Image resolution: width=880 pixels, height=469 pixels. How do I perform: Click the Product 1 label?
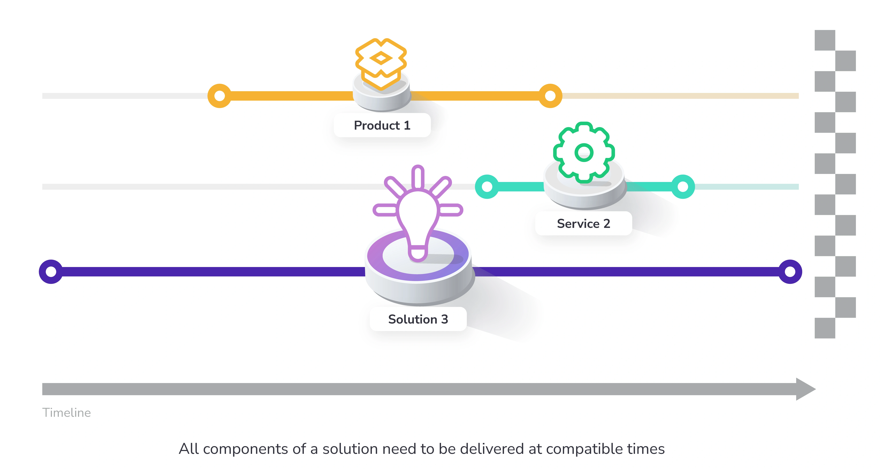pos(382,125)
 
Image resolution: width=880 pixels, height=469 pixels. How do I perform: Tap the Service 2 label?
pos(584,224)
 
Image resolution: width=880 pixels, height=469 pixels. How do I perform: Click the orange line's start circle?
pos(220,96)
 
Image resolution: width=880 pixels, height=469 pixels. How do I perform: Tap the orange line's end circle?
pos(550,96)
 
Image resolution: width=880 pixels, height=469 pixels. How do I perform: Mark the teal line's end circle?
pos(683,187)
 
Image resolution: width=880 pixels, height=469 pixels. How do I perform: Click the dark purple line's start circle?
pos(51,272)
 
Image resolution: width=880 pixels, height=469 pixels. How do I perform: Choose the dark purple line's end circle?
pos(790,272)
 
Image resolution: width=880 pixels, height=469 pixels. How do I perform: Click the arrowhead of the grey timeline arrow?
pos(806,389)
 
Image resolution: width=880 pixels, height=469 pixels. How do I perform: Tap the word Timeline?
pos(67,413)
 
